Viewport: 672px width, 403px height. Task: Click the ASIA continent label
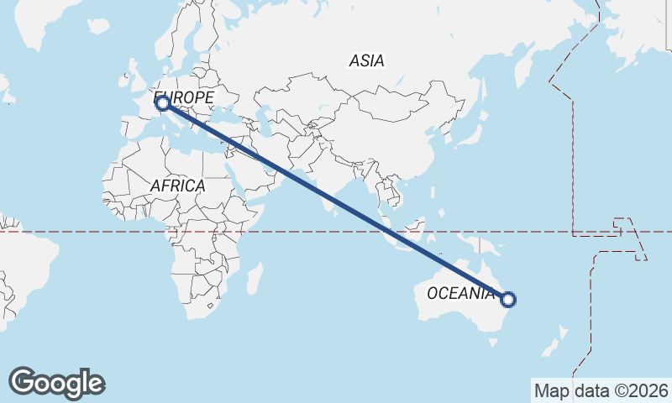pyautogui.click(x=366, y=60)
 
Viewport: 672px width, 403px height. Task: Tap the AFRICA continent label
pyautogui.click(x=178, y=186)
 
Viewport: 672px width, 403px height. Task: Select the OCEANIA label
pyautogui.click(x=460, y=293)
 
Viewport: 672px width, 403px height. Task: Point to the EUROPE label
pyautogui.click(x=186, y=98)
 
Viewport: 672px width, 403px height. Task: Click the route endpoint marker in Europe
pyautogui.click(x=162, y=104)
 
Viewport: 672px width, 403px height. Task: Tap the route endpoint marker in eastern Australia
pyautogui.click(x=507, y=299)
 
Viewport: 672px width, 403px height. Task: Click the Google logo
pyautogui.click(x=56, y=383)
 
